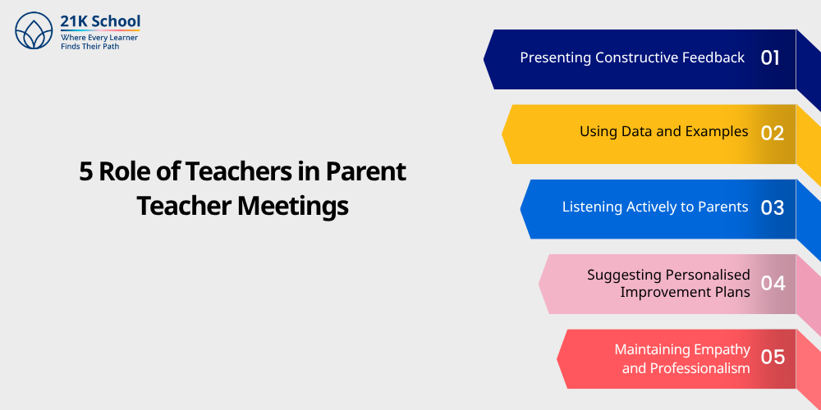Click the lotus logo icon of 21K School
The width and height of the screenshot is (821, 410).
click(34, 30)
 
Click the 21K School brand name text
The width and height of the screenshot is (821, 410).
click(100, 21)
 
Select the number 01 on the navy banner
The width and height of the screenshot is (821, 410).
click(770, 58)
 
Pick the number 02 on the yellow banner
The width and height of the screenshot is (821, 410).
click(772, 134)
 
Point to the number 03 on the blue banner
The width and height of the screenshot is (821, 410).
click(772, 208)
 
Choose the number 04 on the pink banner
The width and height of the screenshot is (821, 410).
click(773, 284)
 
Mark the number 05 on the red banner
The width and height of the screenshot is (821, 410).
click(773, 358)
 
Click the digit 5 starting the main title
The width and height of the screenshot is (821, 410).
click(86, 171)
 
